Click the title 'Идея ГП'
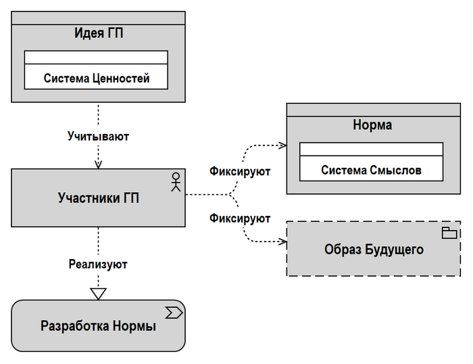pyautogui.click(x=98, y=33)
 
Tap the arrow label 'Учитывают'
pyautogui.click(x=98, y=136)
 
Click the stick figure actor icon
pyautogui.click(x=176, y=181)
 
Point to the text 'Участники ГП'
pyautogui.click(x=99, y=198)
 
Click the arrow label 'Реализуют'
pyautogui.click(x=98, y=264)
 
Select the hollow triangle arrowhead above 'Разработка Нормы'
pyautogui.click(x=99, y=293)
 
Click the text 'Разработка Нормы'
pyautogui.click(x=99, y=326)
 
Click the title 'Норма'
pyautogui.click(x=372, y=125)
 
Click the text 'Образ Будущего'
pyautogui.click(x=374, y=249)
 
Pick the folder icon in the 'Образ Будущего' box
pyautogui.click(x=449, y=233)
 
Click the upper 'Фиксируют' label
pyautogui.click(x=240, y=171)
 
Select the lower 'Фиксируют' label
pyautogui.click(x=240, y=219)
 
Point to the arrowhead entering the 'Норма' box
pyautogui.click(x=283, y=145)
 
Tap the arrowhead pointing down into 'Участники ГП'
pyautogui.click(x=99, y=164)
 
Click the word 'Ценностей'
pyautogui.click(x=126, y=78)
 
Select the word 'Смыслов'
pyautogui.click(x=396, y=170)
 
